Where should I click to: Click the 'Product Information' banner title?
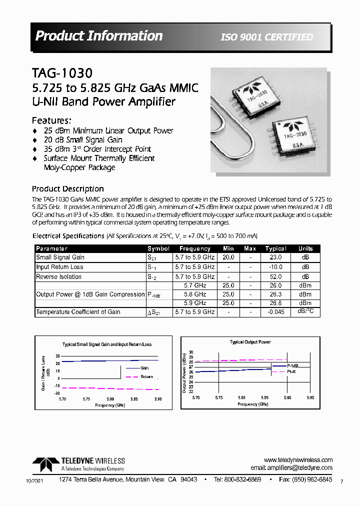(x=99, y=36)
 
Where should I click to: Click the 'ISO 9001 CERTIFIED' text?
(x=267, y=37)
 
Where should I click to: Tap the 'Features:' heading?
(x=51, y=120)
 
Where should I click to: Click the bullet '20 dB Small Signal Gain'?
(x=83, y=140)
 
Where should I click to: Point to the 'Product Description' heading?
(x=68, y=189)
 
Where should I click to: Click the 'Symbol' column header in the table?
(x=158, y=248)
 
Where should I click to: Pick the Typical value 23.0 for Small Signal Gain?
(x=275, y=257)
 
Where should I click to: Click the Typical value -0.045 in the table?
(x=275, y=312)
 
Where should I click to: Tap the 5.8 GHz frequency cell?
(x=194, y=294)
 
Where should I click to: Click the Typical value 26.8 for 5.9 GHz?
(x=275, y=303)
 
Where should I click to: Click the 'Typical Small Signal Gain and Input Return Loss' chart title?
(x=106, y=344)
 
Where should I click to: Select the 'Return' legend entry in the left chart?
(x=146, y=376)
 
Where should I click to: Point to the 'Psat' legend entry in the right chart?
(x=291, y=371)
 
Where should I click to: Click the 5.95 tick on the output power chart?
(x=310, y=397)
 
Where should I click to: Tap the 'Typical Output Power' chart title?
(x=250, y=342)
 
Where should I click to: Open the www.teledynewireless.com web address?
(x=298, y=460)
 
